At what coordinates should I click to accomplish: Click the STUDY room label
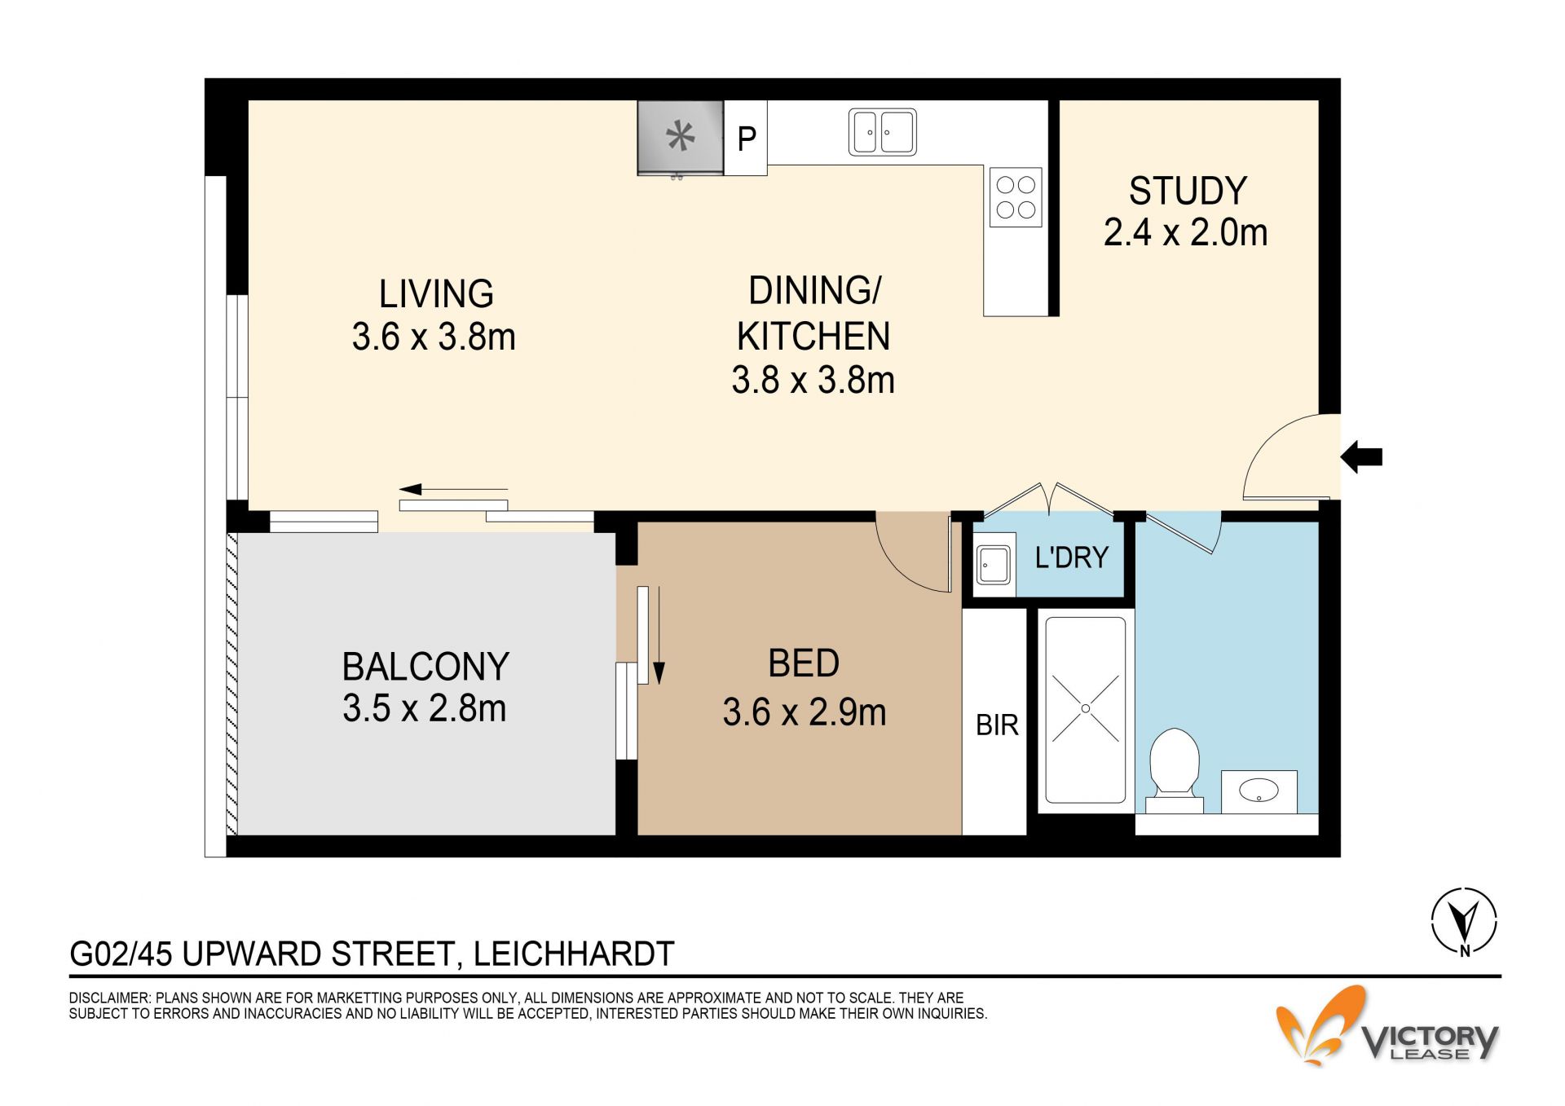point(1188,191)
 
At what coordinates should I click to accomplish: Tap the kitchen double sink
point(883,132)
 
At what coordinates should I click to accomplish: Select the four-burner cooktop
point(1016,197)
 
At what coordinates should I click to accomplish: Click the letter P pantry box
point(746,138)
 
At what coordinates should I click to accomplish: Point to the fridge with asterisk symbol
point(681,138)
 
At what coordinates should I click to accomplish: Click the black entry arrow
point(1361,456)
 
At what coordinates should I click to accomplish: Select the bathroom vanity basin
point(1259,791)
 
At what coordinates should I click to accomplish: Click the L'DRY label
point(1072,557)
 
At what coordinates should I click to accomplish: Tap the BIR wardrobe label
point(997,725)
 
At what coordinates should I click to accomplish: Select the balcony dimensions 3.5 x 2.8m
point(424,708)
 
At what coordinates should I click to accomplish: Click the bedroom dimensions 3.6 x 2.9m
point(804,712)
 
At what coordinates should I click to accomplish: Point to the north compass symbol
point(1465,921)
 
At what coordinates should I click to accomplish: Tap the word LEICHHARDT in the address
point(574,954)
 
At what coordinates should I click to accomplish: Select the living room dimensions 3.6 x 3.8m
point(434,337)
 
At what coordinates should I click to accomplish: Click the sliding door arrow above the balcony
point(453,489)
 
